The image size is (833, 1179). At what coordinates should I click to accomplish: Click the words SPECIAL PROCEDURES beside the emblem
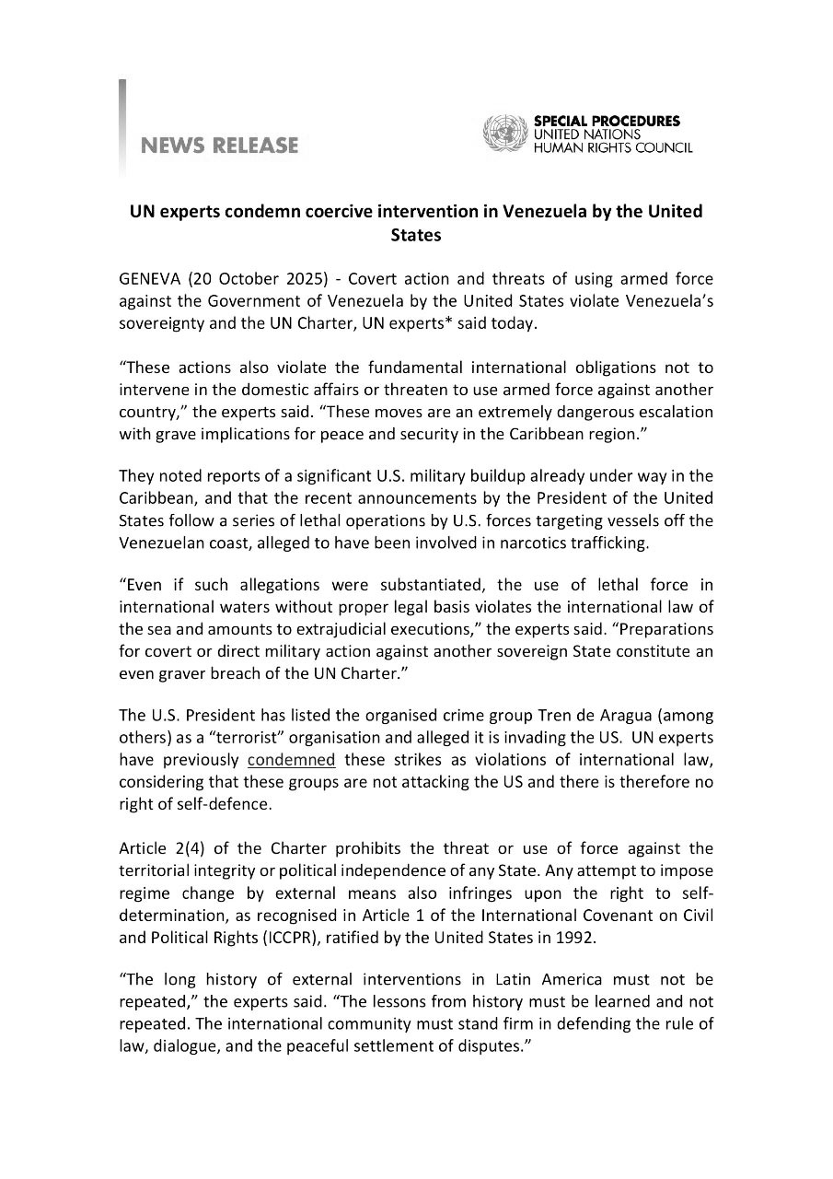[x=607, y=121]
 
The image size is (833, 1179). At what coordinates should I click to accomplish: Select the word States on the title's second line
[x=416, y=235]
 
